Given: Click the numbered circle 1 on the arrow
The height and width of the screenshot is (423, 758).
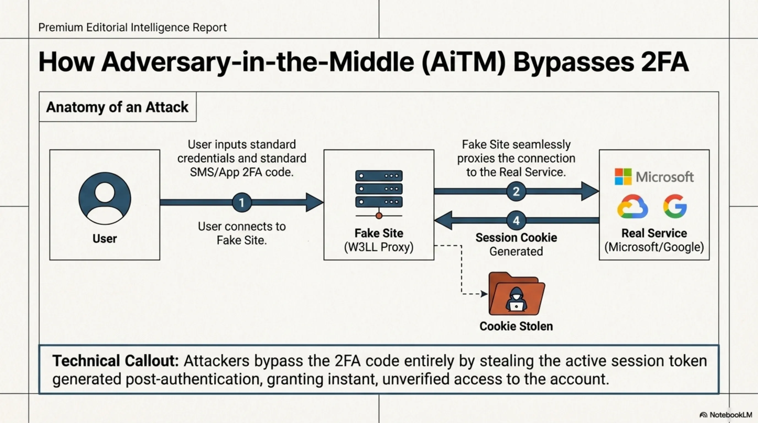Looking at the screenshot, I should pyautogui.click(x=242, y=202).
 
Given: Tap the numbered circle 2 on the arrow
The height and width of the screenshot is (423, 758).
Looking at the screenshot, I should pyautogui.click(x=516, y=191).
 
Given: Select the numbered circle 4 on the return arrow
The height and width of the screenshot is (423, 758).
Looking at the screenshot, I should pyautogui.click(x=516, y=221).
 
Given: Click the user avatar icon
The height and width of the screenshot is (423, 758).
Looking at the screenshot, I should pyautogui.click(x=105, y=198).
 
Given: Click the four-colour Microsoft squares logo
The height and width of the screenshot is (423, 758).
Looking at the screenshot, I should pyautogui.click(x=623, y=177).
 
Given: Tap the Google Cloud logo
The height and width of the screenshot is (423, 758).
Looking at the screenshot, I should pyautogui.click(x=632, y=207).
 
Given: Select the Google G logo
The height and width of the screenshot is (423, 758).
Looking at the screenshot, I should pyautogui.click(x=675, y=206).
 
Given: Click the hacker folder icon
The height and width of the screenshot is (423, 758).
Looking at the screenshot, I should pyautogui.click(x=516, y=294).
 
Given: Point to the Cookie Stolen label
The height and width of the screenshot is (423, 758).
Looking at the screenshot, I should pyautogui.click(x=516, y=326).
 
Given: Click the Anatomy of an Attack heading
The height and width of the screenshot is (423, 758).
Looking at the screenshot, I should pyautogui.click(x=117, y=107).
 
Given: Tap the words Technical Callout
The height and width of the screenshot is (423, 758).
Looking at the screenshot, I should pyautogui.click(x=116, y=361).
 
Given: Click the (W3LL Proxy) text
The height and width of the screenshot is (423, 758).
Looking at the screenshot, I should pyautogui.click(x=379, y=247).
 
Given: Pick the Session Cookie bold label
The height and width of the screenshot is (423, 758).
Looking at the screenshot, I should pyautogui.click(x=516, y=238).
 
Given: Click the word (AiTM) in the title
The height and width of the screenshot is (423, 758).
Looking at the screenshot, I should pyautogui.click(x=464, y=62).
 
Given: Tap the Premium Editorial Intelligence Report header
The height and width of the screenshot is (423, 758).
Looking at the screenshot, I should pyautogui.click(x=132, y=27).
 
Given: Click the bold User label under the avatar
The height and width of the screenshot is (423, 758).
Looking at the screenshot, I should pyautogui.click(x=105, y=238).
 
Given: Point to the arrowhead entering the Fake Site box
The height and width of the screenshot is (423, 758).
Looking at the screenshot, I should pyautogui.click(x=314, y=202).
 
